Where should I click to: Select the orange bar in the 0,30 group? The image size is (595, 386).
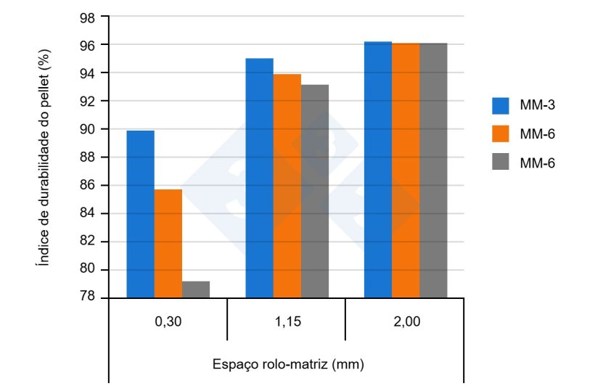click(168, 243)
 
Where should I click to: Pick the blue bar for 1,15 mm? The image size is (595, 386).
click(259, 178)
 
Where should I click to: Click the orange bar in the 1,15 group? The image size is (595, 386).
click(287, 186)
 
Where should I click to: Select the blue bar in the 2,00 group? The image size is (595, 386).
click(377, 170)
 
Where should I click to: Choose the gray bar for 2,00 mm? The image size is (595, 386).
click(433, 171)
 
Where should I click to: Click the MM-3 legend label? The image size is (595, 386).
click(538, 106)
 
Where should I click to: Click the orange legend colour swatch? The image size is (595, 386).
click(502, 134)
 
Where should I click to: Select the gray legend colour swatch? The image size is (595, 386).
click(502, 163)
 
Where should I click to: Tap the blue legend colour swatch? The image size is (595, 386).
click(502, 106)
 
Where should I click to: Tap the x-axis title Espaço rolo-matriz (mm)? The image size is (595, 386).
click(288, 363)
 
